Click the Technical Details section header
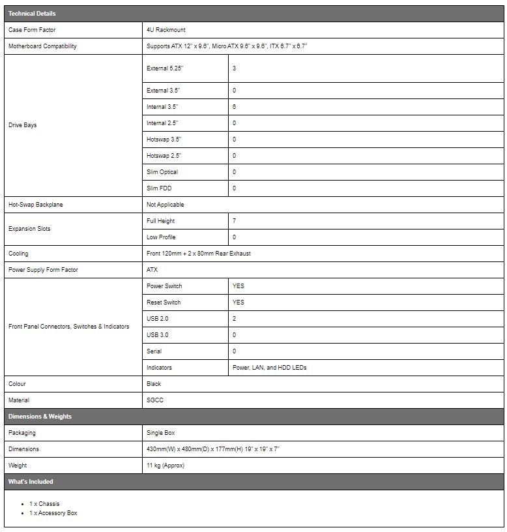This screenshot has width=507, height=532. point(32,14)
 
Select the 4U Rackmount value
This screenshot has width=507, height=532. point(167,30)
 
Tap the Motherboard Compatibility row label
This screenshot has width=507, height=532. point(42,46)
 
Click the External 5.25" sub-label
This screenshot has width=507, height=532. point(166,68)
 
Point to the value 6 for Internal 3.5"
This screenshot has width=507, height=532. point(234,107)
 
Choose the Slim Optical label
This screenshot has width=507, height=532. point(162,172)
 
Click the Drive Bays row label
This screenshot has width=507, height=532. point(23,125)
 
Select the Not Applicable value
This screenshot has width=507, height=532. point(166,205)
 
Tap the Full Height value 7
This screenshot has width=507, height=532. point(234,221)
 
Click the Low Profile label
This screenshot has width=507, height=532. point(161,237)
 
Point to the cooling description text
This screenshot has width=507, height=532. point(198,254)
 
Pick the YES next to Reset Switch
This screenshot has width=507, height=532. point(239,303)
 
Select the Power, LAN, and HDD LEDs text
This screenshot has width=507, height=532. point(269,368)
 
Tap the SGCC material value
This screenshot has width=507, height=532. point(155,400)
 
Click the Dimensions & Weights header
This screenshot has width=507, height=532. point(40,417)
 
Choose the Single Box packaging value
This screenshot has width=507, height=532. point(161,433)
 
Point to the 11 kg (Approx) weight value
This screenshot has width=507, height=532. point(166,465)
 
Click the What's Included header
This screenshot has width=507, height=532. point(31,482)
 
